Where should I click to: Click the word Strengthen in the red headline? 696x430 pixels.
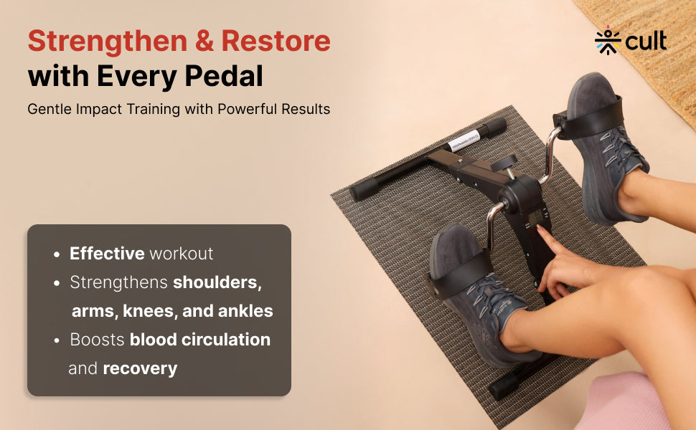[x=108, y=42]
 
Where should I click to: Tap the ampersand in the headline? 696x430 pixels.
[x=204, y=42]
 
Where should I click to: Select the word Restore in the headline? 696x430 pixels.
[x=276, y=42]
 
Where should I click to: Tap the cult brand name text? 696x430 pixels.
[x=646, y=42]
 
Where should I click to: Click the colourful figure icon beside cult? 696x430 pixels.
[x=608, y=40]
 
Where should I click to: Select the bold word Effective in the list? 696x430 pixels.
[x=107, y=254]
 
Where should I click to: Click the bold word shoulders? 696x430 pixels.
[x=217, y=282]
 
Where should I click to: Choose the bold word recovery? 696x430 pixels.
[x=140, y=369]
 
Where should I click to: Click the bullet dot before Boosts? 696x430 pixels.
[x=57, y=340]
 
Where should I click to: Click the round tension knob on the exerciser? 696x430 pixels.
[x=504, y=163]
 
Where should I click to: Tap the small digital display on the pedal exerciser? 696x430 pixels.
[x=536, y=216]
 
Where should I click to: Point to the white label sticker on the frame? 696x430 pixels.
[x=464, y=140]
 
